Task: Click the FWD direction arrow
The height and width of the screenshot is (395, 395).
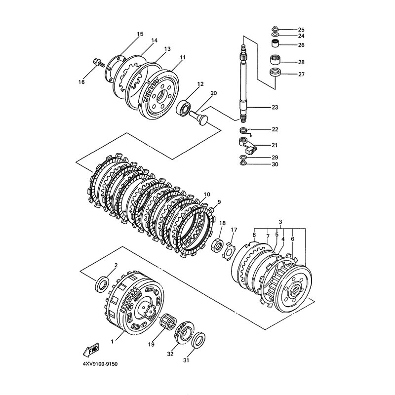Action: pos(91,350)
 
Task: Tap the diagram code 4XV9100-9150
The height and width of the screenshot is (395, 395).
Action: pos(100,364)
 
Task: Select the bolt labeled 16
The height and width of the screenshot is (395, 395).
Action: pos(99,63)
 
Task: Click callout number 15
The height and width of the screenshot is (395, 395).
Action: pos(140,34)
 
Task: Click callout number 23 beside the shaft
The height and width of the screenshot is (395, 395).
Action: pos(275,108)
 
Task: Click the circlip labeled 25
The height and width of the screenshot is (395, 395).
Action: pos(275,29)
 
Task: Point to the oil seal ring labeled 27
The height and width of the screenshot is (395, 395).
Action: pos(275,72)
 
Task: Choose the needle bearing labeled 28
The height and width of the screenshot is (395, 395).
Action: pos(275,60)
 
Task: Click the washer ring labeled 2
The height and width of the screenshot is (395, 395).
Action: pos(102,284)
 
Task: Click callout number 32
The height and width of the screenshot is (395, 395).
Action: pos(170,354)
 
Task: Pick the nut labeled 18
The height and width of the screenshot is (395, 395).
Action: pos(217,245)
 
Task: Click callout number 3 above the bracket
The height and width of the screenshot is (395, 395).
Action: pos(280,222)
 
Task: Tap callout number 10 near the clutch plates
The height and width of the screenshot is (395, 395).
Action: pos(207,195)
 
